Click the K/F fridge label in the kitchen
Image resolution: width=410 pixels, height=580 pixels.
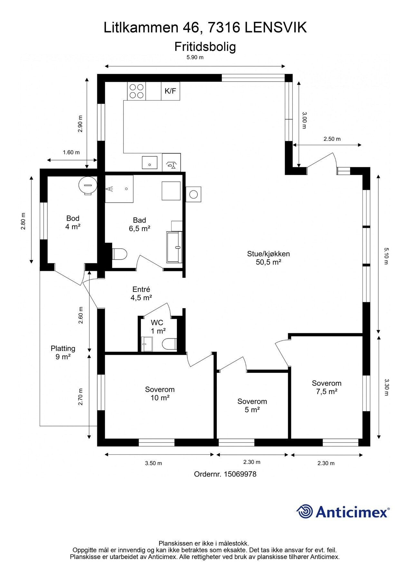coord(170,91)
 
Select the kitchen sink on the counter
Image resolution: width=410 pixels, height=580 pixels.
coord(150,162)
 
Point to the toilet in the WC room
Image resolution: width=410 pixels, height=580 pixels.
coord(169,344)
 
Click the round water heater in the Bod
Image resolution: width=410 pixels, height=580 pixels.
coord(87,185)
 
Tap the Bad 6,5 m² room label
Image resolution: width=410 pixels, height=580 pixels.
coord(139,224)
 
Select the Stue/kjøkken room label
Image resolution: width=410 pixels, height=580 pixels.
coord(269,258)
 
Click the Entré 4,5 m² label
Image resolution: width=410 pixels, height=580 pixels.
coord(141,294)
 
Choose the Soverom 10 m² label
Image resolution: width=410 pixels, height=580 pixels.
coord(160,393)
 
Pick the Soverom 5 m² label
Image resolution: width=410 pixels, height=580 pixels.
coord(252,405)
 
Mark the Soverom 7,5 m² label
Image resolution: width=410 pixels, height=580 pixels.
coord(327,387)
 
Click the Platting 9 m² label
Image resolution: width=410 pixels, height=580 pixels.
coord(63,353)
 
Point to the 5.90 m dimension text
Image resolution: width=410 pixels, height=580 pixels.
coord(195,58)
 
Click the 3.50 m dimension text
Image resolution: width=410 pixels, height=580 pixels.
coord(153,463)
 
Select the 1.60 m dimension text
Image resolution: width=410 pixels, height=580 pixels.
coord(71,152)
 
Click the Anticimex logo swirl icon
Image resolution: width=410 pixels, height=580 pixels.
coord(304,511)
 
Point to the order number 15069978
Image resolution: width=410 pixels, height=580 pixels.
coord(240,474)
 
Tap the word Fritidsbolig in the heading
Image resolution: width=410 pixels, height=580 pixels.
coord(205,47)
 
